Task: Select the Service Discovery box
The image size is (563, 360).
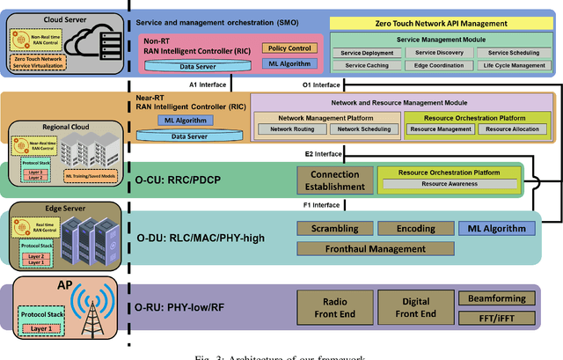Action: pyautogui.click(x=430, y=53)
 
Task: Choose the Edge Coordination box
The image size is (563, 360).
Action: pyautogui.click(x=430, y=65)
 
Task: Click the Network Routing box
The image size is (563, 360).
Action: pyautogui.click(x=292, y=129)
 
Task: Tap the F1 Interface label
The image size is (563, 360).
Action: pyautogui.click(x=324, y=206)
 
